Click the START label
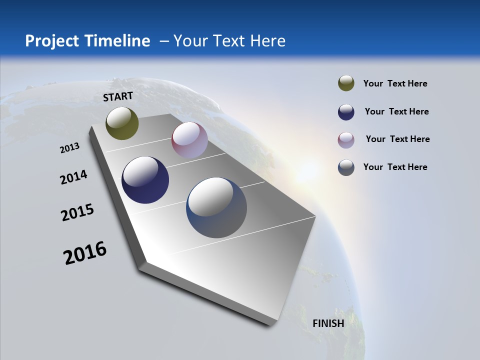[118, 96]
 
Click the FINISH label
[328, 323]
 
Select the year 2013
[69, 147]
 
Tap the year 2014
[73, 177]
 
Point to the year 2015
[77, 212]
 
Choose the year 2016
[85, 252]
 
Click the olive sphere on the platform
[122, 123]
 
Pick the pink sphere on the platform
[189, 140]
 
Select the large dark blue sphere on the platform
[145, 180]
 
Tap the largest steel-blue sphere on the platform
[216, 207]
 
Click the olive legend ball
[346, 83]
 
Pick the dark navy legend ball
[346, 111]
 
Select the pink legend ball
[346, 139]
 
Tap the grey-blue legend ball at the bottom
[346, 167]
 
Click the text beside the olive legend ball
[395, 83]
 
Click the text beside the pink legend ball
[397, 139]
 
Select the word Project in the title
[52, 41]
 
